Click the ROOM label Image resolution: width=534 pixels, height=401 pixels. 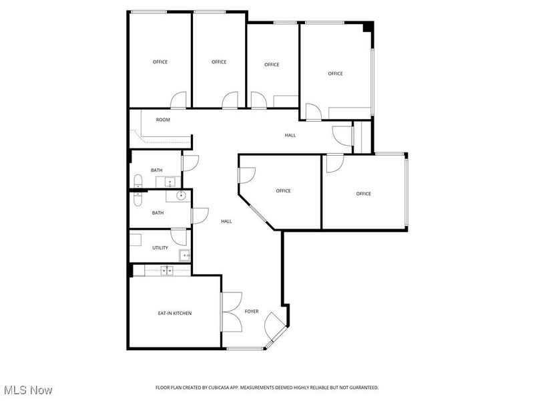click(x=163, y=120)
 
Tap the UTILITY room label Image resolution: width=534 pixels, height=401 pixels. click(x=160, y=248)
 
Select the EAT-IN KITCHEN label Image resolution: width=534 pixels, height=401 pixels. click(x=175, y=313)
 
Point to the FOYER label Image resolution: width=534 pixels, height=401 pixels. click(x=252, y=311)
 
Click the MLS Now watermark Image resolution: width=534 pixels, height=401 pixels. click(x=28, y=390)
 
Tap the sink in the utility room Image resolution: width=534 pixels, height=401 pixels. click(x=185, y=254)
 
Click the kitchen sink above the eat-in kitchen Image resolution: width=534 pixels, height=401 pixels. click(x=167, y=270)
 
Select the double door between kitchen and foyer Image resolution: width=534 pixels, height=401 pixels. click(x=232, y=312)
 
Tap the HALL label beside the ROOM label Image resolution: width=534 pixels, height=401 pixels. click(x=290, y=136)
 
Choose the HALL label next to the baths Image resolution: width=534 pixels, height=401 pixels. click(x=227, y=221)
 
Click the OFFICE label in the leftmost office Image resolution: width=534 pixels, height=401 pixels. click(x=160, y=62)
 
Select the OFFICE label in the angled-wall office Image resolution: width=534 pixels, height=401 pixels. click(x=283, y=191)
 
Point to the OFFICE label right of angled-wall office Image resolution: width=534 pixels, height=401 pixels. click(x=363, y=194)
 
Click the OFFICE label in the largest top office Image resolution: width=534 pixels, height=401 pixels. click(x=335, y=74)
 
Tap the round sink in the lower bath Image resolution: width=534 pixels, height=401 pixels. click(x=180, y=195)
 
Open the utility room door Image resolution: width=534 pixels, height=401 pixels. click(x=179, y=236)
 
